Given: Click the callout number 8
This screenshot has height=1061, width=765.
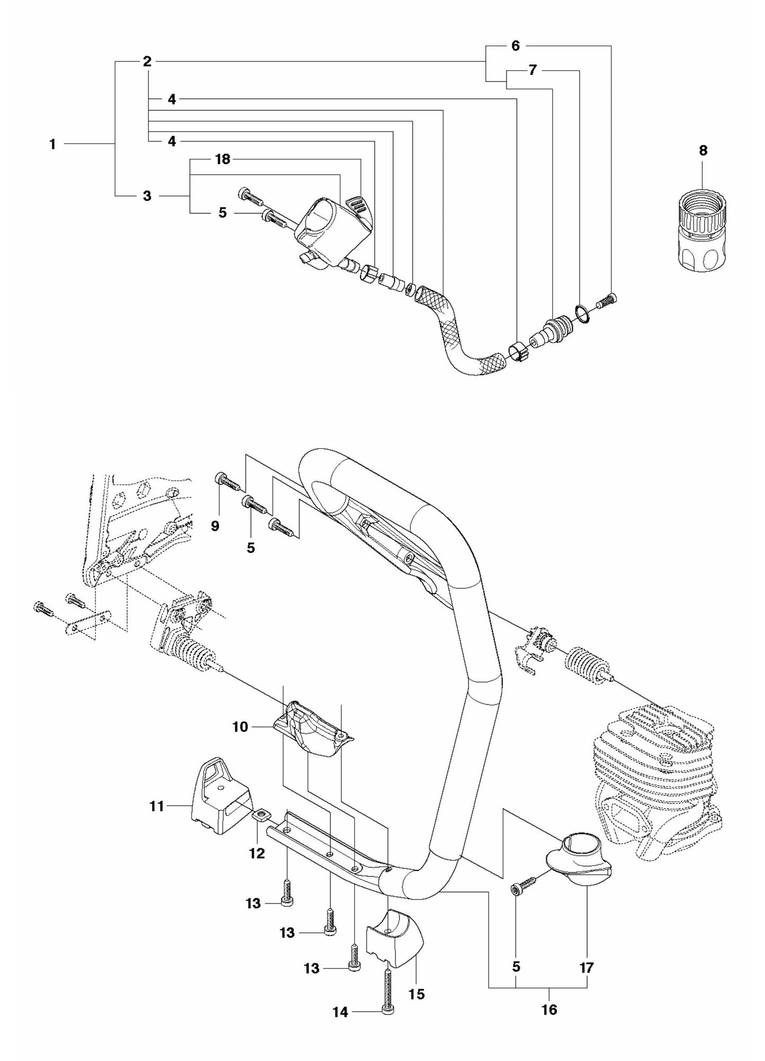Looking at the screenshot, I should pyautogui.click(x=703, y=151).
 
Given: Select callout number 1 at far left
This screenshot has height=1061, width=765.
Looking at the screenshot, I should pyautogui.click(x=52, y=144).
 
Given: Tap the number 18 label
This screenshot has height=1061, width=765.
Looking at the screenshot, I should pyautogui.click(x=223, y=159).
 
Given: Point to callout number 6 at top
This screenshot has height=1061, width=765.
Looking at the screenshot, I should pyautogui.click(x=515, y=46).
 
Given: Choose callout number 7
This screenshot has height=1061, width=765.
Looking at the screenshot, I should pyautogui.click(x=533, y=70).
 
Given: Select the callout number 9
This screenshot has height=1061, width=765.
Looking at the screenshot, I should pyautogui.click(x=215, y=525).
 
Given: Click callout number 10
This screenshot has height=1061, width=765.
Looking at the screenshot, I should pyautogui.click(x=240, y=727).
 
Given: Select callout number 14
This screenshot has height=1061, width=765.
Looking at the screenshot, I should pyautogui.click(x=340, y=1012).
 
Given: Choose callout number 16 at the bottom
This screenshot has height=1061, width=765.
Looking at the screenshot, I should pyautogui.click(x=549, y=1024).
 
